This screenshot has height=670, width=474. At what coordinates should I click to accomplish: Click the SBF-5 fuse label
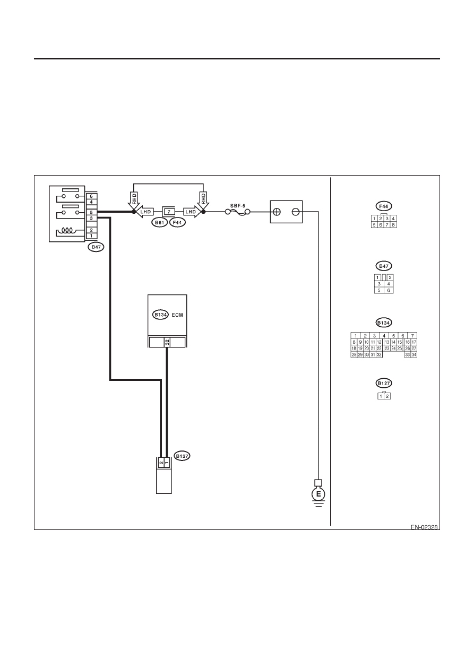click(x=238, y=206)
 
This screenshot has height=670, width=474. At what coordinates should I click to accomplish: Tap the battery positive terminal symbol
click(x=277, y=212)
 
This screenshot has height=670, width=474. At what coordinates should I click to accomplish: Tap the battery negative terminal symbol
click(x=296, y=212)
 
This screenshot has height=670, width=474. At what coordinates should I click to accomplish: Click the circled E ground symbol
click(x=318, y=494)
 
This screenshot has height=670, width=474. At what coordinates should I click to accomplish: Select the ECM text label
click(x=177, y=315)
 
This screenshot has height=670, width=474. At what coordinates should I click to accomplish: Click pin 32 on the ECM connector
click(x=167, y=343)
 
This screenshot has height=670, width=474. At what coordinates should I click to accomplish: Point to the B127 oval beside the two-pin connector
click(x=182, y=456)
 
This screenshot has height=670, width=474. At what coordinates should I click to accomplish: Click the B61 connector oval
click(x=159, y=222)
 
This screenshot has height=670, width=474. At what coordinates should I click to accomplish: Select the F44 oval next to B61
click(x=177, y=222)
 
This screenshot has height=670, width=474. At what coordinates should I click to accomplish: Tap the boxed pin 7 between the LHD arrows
click(x=169, y=212)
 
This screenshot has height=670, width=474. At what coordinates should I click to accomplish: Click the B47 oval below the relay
click(x=96, y=247)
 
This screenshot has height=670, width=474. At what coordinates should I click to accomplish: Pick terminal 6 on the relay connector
click(x=92, y=196)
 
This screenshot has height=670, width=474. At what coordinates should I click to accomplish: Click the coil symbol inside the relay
click(x=67, y=231)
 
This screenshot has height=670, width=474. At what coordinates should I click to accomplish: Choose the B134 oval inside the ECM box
click(x=160, y=315)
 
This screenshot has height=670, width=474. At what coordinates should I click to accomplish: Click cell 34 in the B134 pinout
click(x=414, y=355)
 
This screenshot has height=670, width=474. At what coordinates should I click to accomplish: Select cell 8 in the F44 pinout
click(x=393, y=225)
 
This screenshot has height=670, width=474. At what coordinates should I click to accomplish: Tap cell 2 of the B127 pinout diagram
click(x=387, y=396)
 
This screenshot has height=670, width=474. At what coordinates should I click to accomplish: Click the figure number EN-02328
click(x=424, y=527)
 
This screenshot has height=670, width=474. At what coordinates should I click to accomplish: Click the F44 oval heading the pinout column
click(x=384, y=206)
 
